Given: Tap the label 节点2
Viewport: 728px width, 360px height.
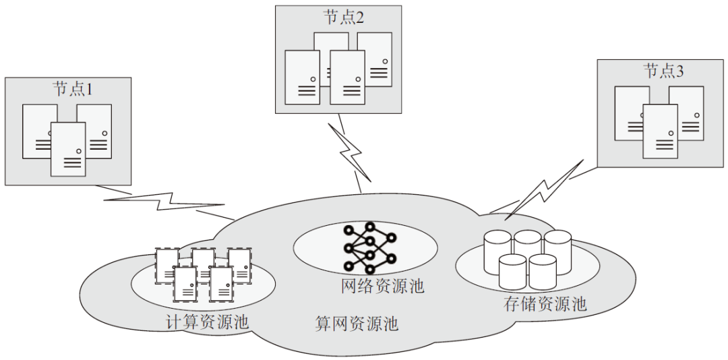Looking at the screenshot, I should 343,18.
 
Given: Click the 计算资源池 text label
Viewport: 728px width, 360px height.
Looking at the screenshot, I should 207,322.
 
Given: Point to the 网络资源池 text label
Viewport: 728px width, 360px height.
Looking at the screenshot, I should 382,286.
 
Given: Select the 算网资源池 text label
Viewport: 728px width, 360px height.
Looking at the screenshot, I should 357,324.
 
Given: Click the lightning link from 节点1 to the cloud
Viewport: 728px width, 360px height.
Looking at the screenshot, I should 164,202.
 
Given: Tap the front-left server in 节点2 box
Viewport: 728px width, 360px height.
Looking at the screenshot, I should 302,77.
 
